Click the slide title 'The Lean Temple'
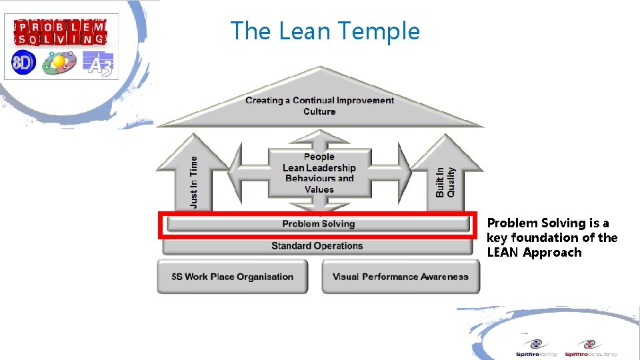325,31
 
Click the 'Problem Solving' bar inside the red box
318,224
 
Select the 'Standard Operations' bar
317,246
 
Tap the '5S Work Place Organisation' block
232,277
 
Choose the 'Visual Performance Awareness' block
401,277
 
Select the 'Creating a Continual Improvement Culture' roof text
319,105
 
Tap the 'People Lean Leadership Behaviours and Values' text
319,173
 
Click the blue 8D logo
24,63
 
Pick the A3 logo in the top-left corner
98,63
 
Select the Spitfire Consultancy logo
590,348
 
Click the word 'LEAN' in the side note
503,253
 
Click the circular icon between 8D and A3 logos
59,63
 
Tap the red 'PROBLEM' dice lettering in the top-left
60,27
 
